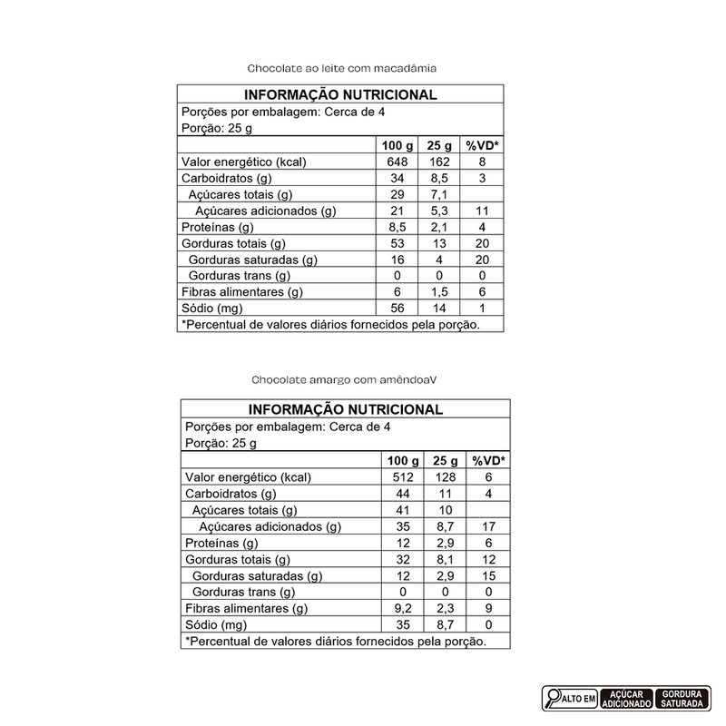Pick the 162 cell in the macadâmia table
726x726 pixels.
pyautogui.click(x=438, y=162)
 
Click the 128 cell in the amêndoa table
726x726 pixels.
pyautogui.click(x=444, y=477)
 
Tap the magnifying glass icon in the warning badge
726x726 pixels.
pyautogui.click(x=553, y=698)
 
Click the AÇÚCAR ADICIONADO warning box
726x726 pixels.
pyautogui.click(x=625, y=698)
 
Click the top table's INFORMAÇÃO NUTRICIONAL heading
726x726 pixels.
pyautogui.click(x=340, y=94)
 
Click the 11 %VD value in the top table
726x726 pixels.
pyautogui.click(x=483, y=211)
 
